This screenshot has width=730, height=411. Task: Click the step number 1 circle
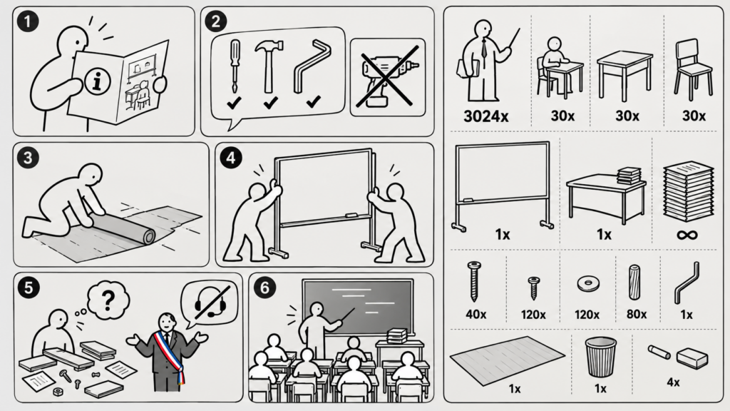[28, 22]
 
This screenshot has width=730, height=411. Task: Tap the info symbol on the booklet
[97, 81]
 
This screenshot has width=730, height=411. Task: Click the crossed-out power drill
[387, 77]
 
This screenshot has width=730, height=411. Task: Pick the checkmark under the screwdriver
[234, 103]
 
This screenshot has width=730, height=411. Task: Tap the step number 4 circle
[230, 158]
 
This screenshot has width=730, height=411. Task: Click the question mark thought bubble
[108, 301]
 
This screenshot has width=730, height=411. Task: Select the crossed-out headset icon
[210, 302]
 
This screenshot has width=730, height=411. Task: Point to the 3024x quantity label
[485, 116]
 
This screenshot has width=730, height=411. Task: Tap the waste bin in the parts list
[600, 357]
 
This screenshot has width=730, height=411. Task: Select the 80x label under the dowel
[637, 315]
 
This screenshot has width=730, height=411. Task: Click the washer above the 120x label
[588, 283]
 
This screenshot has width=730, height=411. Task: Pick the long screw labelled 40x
[474, 281]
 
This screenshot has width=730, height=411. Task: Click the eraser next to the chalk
[692, 358]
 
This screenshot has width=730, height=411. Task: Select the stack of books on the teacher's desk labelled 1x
[629, 176]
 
